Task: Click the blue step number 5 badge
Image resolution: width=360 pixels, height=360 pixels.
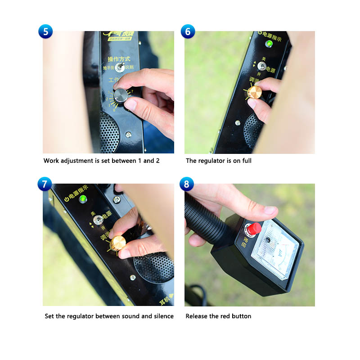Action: pyautogui.click(x=45, y=31)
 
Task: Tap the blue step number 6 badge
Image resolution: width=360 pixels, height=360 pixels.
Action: pyautogui.click(x=188, y=31)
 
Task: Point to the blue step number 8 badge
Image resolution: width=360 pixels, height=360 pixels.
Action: pyautogui.click(x=187, y=184)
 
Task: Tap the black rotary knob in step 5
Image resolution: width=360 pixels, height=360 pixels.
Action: pyautogui.click(x=121, y=95)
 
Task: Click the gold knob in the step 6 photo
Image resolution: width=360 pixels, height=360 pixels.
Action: pyautogui.click(x=254, y=92)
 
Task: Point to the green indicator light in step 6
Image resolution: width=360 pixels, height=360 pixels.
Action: pyautogui.click(x=269, y=44)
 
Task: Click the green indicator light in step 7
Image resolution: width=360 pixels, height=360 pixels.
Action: pyautogui.click(x=83, y=199)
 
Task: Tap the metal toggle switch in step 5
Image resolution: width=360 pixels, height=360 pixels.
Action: pyautogui.click(x=120, y=67)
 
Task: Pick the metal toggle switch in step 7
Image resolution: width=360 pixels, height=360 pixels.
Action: pyautogui.click(x=96, y=221)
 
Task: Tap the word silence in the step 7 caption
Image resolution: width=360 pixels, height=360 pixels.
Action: pyautogui.click(x=163, y=316)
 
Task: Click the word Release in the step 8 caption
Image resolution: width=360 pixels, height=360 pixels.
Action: pyautogui.click(x=197, y=316)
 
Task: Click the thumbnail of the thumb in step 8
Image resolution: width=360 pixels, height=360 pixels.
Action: pyautogui.click(x=270, y=211)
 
